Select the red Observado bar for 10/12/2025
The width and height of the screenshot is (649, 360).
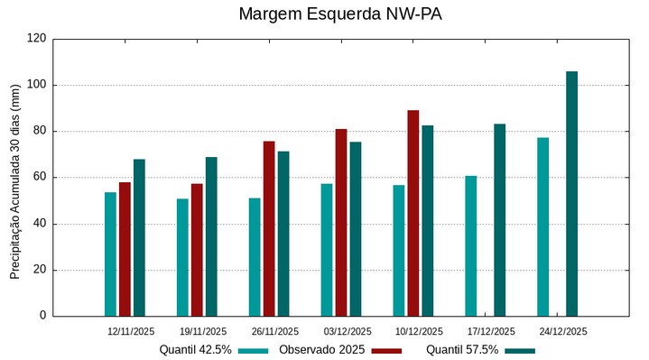[413, 213]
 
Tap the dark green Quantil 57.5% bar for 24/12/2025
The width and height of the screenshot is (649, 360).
[571, 193]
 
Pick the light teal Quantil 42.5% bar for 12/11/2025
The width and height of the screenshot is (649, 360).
[110, 254]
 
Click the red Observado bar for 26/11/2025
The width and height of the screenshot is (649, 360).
[269, 228]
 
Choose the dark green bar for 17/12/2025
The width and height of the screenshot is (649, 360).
[499, 219]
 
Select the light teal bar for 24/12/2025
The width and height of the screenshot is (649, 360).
[542, 226]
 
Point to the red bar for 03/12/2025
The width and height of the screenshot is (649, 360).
[341, 222]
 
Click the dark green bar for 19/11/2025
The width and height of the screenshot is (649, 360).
[211, 236]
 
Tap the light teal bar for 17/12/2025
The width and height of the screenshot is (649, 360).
[470, 245]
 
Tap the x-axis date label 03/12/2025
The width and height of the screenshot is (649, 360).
[348, 331]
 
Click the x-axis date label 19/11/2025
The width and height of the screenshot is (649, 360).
[203, 331]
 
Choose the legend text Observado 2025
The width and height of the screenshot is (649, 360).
[322, 350]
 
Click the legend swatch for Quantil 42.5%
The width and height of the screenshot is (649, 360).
[255, 350]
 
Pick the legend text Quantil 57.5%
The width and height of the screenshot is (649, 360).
[462, 350]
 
